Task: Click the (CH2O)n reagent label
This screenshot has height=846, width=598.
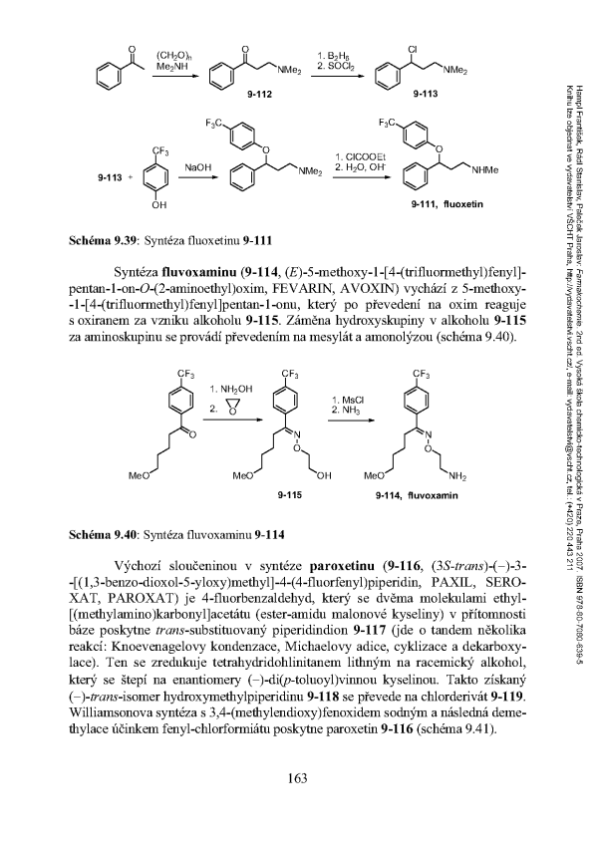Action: [165, 41]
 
